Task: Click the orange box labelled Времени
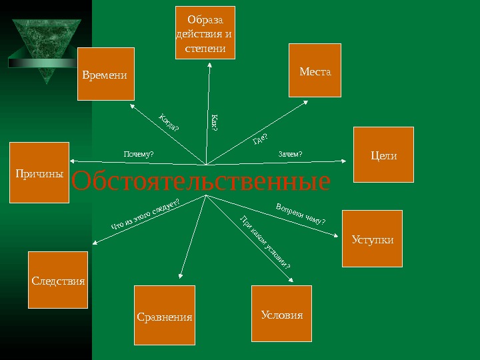106,74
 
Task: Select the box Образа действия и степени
205,33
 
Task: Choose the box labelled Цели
383,155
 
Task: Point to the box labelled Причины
39,172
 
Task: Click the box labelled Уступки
372,239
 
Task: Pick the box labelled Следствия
59,280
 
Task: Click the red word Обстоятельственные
200,181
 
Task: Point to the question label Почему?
139,155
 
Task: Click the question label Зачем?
290,155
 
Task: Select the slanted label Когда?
170,123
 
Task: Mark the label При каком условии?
265,243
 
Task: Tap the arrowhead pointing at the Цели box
344,161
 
